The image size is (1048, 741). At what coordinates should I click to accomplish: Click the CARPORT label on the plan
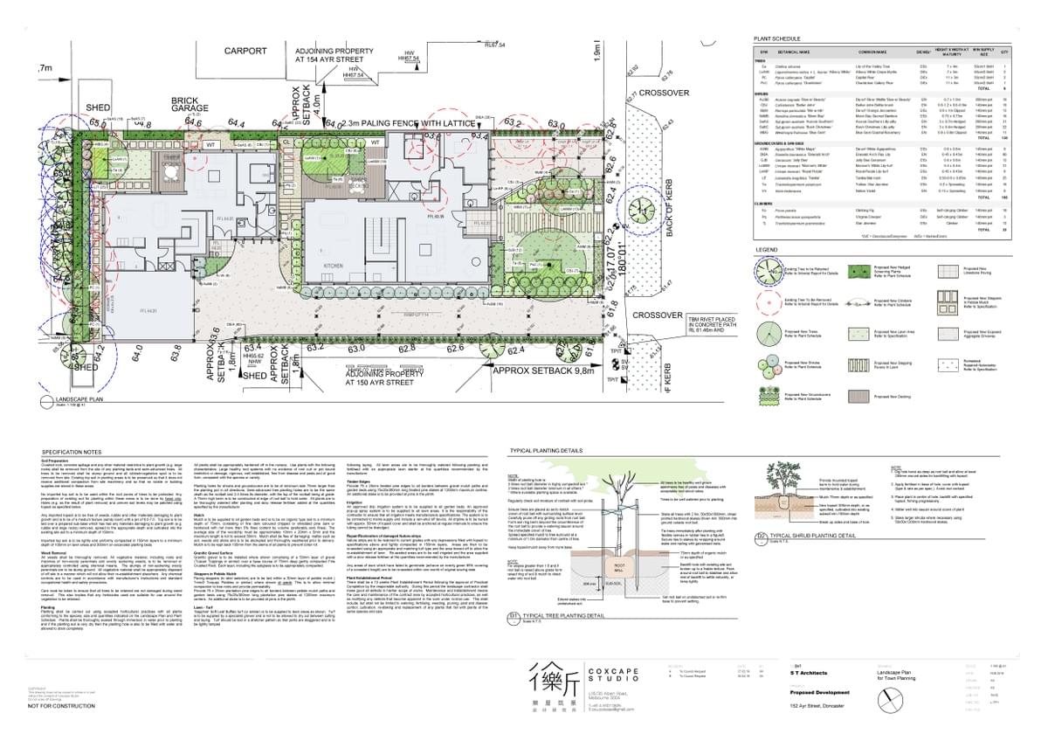(245, 52)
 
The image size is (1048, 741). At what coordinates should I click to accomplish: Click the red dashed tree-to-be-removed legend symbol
(769, 303)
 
